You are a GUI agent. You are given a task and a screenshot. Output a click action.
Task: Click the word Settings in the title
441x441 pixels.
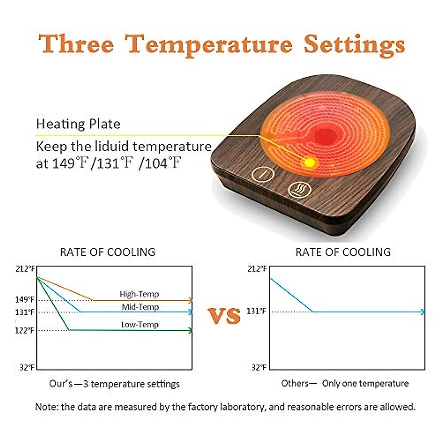(354, 45)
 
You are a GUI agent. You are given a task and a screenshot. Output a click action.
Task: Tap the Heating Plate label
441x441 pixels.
(78, 124)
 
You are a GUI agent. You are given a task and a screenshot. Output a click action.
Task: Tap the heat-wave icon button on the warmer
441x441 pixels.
(300, 190)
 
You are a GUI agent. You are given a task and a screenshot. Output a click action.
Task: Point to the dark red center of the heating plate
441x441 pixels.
(325, 136)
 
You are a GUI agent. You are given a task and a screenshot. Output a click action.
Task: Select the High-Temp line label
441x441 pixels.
(139, 294)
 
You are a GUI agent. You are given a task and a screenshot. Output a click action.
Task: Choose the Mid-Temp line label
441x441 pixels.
(140, 307)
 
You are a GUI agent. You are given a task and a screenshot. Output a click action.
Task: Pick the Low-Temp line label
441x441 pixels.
(140, 325)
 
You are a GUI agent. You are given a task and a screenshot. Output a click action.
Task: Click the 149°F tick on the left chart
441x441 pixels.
(25, 300)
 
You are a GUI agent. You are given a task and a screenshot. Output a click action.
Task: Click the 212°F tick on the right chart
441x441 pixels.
(257, 269)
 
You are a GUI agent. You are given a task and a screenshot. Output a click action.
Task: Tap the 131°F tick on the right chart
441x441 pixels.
(256, 311)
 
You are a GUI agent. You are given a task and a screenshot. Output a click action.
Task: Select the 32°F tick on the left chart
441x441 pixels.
(27, 367)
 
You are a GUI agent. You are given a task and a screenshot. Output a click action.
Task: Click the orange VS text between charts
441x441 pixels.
(224, 315)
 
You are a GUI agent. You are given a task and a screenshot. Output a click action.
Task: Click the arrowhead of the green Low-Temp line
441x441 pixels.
(190, 330)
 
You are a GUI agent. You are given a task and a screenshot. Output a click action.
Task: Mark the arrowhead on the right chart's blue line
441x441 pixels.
(423, 312)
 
